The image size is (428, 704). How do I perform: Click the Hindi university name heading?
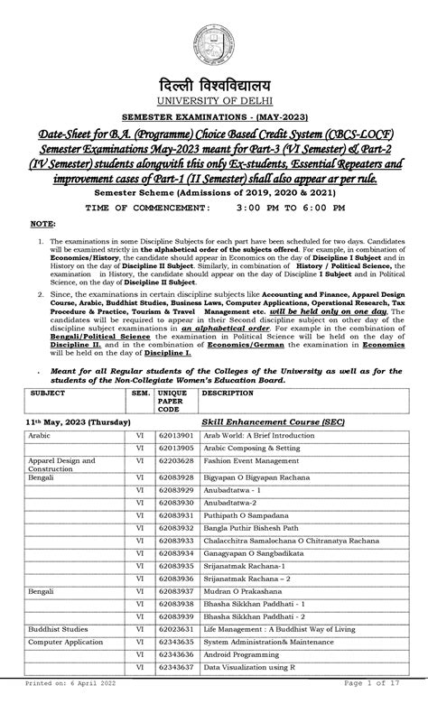click(214, 82)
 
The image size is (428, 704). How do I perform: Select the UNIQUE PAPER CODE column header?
click(172, 402)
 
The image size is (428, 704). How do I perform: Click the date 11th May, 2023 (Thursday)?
click(78, 422)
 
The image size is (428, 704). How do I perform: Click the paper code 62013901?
click(176, 434)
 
